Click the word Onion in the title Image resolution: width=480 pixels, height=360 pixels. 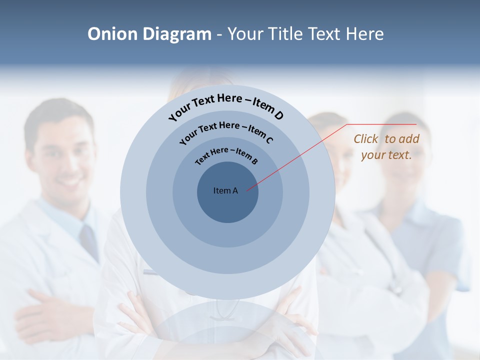coord(112,34)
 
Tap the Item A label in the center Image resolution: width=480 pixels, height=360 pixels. coord(225,190)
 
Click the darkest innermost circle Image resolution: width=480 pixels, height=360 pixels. coord(227,205)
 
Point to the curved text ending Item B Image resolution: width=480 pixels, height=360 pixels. coord(226,155)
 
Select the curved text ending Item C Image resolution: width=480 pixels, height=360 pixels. coord(226,130)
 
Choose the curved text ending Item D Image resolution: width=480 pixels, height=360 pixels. coord(226,105)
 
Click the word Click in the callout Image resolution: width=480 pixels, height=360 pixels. coord(366,139)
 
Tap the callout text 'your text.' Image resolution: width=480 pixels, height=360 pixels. coord(386,155)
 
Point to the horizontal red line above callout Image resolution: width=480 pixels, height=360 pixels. coord(382,124)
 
